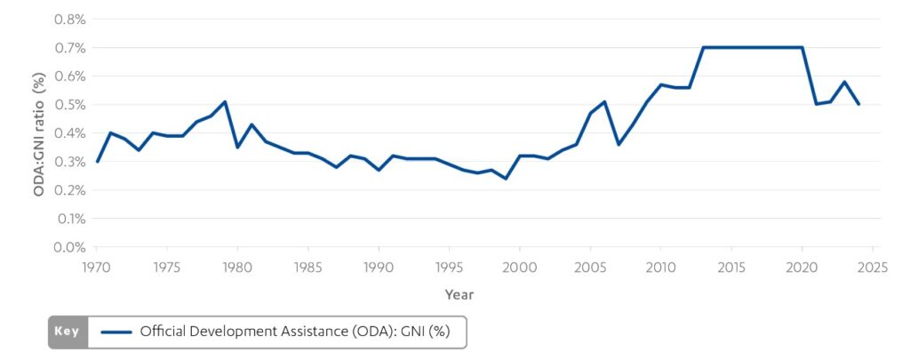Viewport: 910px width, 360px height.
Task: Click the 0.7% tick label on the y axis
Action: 68,48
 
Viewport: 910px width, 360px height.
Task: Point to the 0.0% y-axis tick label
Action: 68,247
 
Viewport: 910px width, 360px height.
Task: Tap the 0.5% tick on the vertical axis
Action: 68,105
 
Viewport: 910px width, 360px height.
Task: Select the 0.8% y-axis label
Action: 68,20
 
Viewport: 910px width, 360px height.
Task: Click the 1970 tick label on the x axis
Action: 96,266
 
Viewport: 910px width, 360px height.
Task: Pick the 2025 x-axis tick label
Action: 872,266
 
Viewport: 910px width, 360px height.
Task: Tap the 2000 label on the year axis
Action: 519,266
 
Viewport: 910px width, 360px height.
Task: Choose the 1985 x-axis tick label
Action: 307,266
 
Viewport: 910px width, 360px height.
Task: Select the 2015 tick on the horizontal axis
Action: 730,266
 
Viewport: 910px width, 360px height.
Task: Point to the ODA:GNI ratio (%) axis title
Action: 37,133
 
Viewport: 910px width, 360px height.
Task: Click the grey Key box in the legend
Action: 68,332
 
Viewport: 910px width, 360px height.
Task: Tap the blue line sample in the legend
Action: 116,332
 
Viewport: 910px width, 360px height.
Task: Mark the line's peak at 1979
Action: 223,101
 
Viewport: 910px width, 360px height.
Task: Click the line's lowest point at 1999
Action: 506,179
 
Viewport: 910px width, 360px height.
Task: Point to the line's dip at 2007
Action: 619,144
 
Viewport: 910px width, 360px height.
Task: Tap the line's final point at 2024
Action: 858,105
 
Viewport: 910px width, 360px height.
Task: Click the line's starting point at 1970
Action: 97,162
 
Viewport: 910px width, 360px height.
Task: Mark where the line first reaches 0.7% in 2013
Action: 703,47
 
